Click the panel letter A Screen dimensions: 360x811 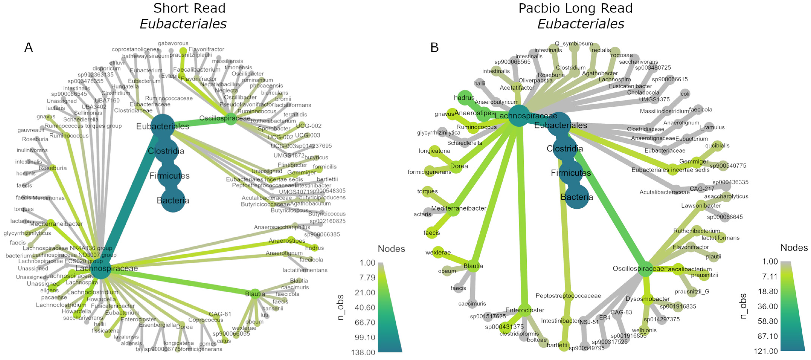click(x=29, y=48)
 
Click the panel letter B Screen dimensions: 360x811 click(x=434, y=48)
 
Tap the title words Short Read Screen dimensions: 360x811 click(x=189, y=8)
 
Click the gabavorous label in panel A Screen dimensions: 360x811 click(x=173, y=43)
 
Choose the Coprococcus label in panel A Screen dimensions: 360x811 click(x=206, y=320)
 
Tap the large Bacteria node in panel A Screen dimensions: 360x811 click(x=173, y=200)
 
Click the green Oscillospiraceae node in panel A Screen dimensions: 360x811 click(x=231, y=119)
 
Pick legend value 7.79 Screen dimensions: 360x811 click(x=367, y=278)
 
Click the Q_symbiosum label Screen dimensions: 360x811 click(x=574, y=43)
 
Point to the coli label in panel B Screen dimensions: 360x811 click(x=685, y=93)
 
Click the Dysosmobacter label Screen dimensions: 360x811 click(x=647, y=299)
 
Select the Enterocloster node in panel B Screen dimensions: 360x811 click(x=524, y=310)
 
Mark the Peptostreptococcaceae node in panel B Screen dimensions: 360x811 click(x=568, y=296)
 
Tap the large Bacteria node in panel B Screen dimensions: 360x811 click(x=577, y=197)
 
